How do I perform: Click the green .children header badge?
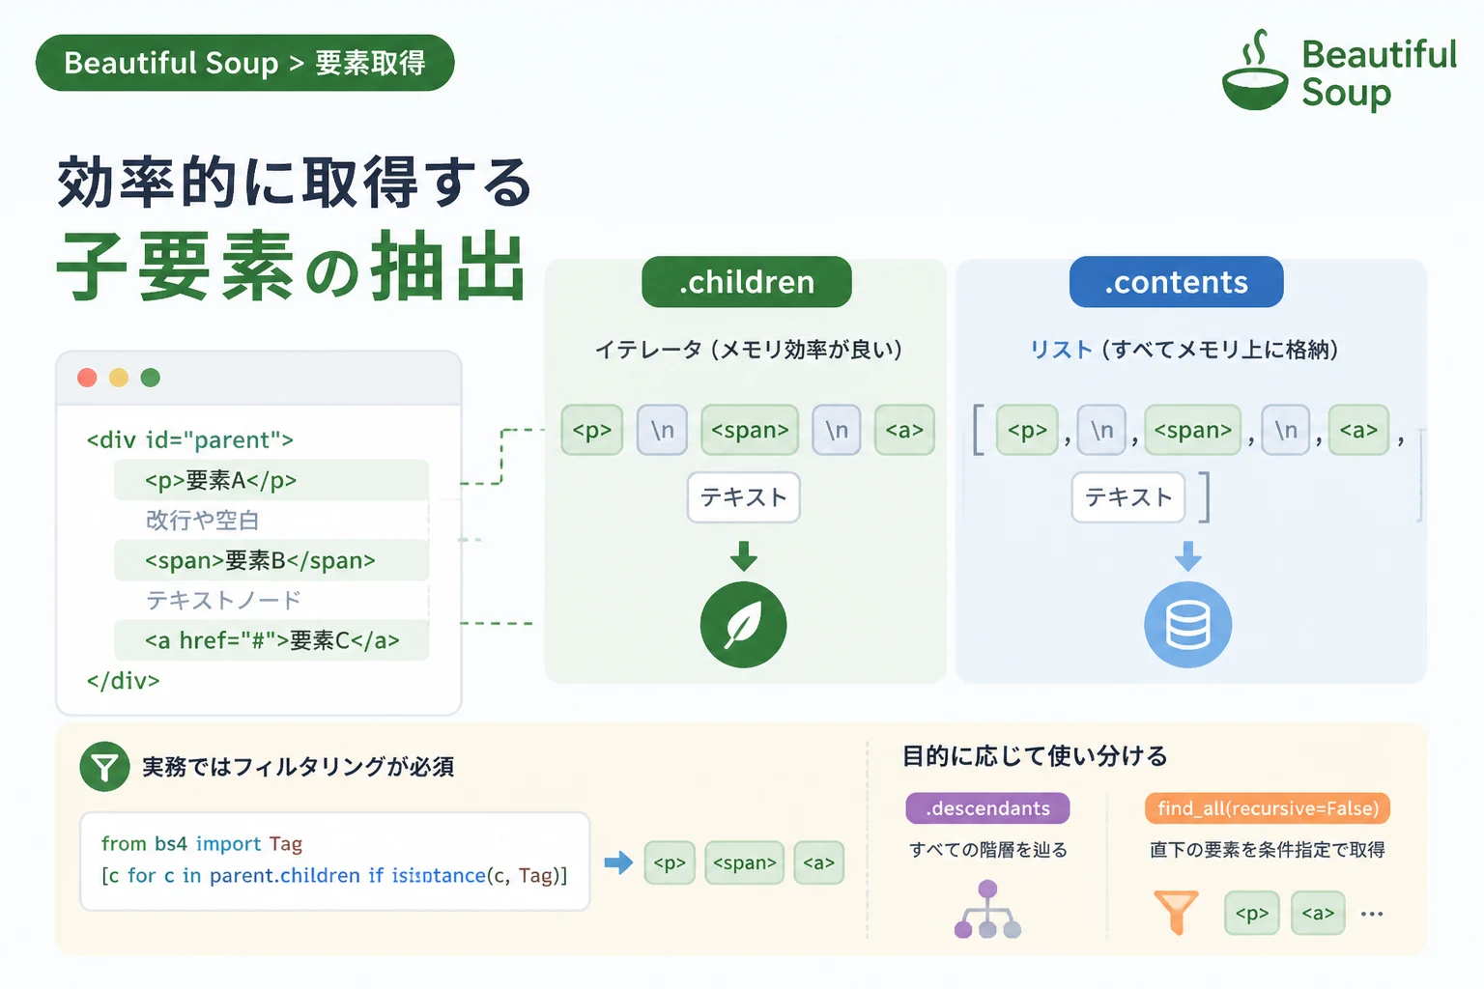pyautogui.click(x=747, y=281)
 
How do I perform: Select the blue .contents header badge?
pyautogui.click(x=1176, y=281)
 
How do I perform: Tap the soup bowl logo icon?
pyautogui.click(x=1255, y=71)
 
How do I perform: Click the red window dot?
pyautogui.click(x=88, y=378)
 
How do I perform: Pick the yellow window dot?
pyautogui.click(x=119, y=378)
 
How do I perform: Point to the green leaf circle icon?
pyautogui.click(x=743, y=624)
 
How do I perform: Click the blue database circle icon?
pyautogui.click(x=1187, y=624)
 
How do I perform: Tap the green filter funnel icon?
pyautogui.click(x=104, y=767)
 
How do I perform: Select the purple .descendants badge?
pyautogui.click(x=987, y=808)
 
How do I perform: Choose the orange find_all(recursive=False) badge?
pyautogui.click(x=1268, y=808)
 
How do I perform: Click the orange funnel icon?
pyautogui.click(x=1176, y=912)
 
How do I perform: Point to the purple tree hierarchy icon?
pyautogui.click(x=987, y=909)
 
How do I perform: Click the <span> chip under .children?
pyautogui.click(x=750, y=430)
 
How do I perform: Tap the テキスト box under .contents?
pyautogui.click(x=1128, y=497)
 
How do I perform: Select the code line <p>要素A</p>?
pyautogui.click(x=220, y=480)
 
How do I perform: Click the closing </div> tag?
pyautogui.click(x=124, y=680)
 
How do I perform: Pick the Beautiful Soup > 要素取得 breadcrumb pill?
pyautogui.click(x=245, y=63)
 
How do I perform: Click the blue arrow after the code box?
pyautogui.click(x=618, y=862)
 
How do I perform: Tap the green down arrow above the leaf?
pyautogui.click(x=744, y=555)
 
